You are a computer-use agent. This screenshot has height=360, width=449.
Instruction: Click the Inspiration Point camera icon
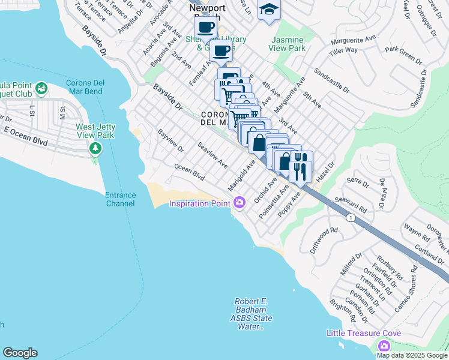click(240, 203)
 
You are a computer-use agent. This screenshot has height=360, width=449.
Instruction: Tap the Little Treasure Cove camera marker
click(384, 346)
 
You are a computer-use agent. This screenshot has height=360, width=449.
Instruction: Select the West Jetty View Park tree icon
click(94, 148)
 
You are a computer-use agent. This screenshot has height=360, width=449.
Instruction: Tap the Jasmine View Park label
click(288, 43)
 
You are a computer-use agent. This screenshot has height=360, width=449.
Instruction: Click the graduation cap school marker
click(269, 10)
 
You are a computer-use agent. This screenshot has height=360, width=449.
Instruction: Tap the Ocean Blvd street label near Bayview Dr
click(189, 172)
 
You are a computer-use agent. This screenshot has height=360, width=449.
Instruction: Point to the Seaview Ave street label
click(212, 155)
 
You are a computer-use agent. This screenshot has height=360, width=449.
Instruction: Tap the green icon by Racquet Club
click(41, 90)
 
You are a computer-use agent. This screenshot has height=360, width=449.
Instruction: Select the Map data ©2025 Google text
click(411, 355)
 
